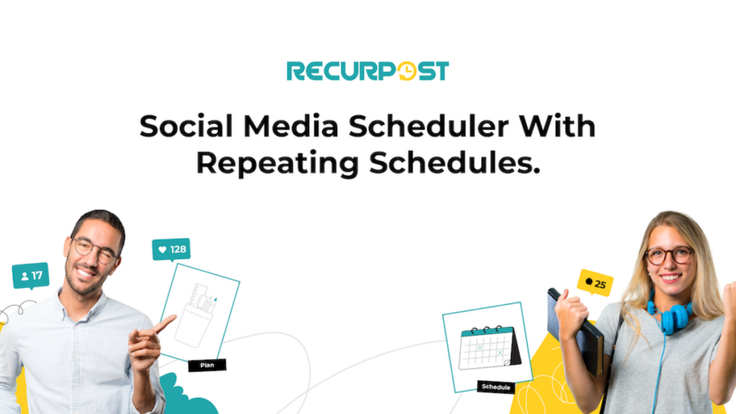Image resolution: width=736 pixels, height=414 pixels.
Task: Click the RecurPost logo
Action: coord(367,71)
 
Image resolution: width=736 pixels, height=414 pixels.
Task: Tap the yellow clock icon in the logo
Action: coord(407,71)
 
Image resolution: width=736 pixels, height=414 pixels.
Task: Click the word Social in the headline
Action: coord(186,126)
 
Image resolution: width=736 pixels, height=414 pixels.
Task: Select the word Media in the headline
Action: coord(290,126)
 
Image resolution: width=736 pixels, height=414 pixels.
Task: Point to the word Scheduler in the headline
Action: coord(428,126)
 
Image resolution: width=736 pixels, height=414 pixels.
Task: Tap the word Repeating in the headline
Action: coord(277,163)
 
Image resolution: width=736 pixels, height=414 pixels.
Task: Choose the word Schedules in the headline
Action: coord(454,163)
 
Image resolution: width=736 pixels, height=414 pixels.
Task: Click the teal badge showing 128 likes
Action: coord(171,249)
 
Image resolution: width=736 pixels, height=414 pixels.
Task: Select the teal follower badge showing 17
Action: coord(31,275)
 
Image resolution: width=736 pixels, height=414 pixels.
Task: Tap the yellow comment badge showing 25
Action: coord(595,283)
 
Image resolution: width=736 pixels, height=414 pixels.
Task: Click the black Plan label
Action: coord(207,365)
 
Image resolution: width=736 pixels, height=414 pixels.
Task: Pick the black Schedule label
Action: coord(496,387)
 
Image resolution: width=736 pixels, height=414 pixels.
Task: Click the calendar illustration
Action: coord(489,348)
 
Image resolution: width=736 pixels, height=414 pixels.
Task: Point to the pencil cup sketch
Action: coord(197,316)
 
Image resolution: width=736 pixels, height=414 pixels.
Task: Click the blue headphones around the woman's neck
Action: coord(670,315)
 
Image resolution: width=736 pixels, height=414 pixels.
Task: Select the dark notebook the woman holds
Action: coord(575,331)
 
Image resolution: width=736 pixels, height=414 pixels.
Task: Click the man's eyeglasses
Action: coord(96,249)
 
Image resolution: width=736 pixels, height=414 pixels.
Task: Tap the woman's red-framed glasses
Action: coord(669,256)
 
